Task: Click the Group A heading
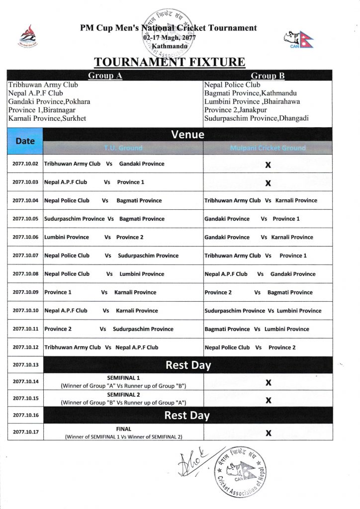(x=105, y=76)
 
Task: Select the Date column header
(x=25, y=141)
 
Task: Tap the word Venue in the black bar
(x=187, y=134)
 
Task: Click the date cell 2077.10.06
(x=25, y=237)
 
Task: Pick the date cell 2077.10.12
(x=25, y=347)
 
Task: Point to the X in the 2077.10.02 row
(x=268, y=165)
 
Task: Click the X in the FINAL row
(x=268, y=432)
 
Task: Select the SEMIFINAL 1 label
(x=123, y=378)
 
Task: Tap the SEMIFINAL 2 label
(x=123, y=395)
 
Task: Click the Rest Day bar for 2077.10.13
(x=187, y=365)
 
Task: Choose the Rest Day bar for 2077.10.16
(x=187, y=415)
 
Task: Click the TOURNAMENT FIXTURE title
(x=170, y=62)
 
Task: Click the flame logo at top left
(x=27, y=36)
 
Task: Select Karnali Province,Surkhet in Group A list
(x=47, y=118)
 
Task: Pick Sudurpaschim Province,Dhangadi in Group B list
(x=256, y=118)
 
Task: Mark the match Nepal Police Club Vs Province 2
(x=250, y=347)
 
